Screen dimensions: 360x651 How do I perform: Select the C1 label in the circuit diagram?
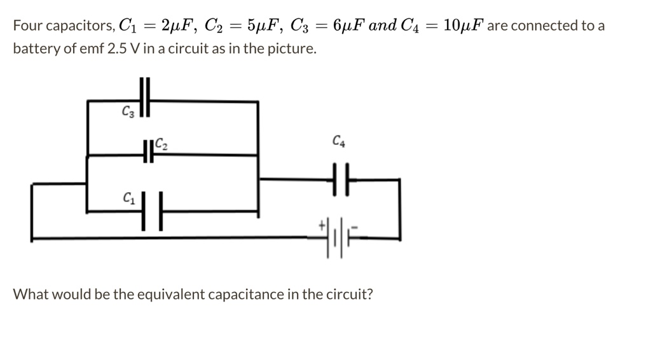[x=128, y=199]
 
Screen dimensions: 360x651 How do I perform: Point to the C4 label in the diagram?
[x=338, y=141]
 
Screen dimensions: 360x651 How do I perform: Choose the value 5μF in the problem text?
[x=261, y=25]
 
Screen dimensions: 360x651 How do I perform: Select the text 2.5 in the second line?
[x=119, y=48]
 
